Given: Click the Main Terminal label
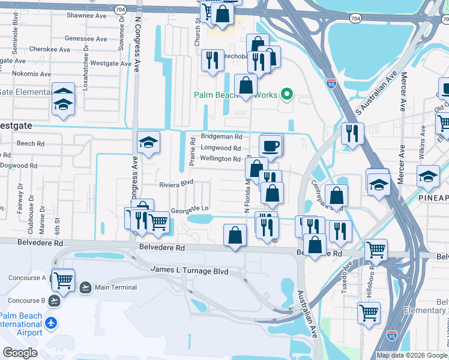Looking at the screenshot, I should click(116, 287).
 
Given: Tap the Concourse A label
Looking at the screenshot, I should click(27, 278).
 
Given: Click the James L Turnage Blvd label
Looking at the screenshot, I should click(189, 271).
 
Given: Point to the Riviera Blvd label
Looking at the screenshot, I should click(176, 184).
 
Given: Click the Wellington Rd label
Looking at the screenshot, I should click(220, 159).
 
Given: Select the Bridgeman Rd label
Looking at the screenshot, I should click(221, 137).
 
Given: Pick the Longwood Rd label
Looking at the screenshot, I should click(220, 148).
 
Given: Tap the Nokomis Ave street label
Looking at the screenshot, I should click(20, 74).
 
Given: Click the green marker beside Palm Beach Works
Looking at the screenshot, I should click(287, 94).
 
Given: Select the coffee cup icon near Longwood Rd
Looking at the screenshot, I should click(270, 145).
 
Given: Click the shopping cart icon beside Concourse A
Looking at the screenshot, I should click(62, 280).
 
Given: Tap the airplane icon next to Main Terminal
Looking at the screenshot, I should click(85, 287).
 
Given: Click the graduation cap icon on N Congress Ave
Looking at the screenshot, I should click(148, 142).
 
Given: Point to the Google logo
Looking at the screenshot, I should click(20, 352).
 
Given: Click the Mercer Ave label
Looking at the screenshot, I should click(403, 92).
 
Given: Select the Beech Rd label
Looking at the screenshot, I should click(31, 144).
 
